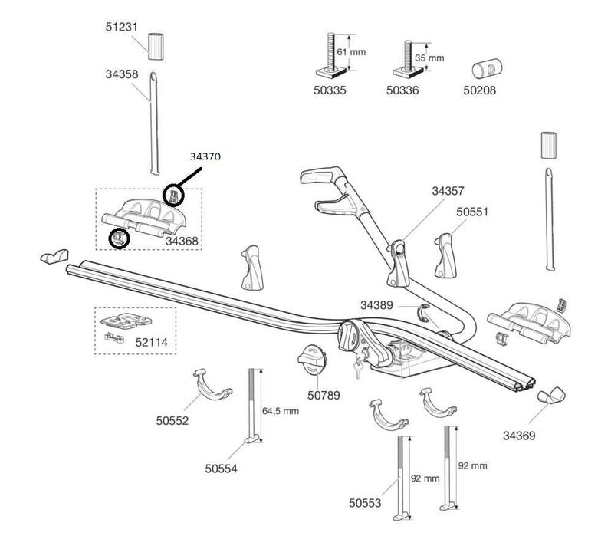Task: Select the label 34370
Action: tap(205, 156)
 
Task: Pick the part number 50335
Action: tap(330, 90)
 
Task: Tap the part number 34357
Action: tap(448, 190)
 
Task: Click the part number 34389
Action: tap(376, 304)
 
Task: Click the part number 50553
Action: tap(365, 503)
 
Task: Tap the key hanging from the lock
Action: tap(357, 369)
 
